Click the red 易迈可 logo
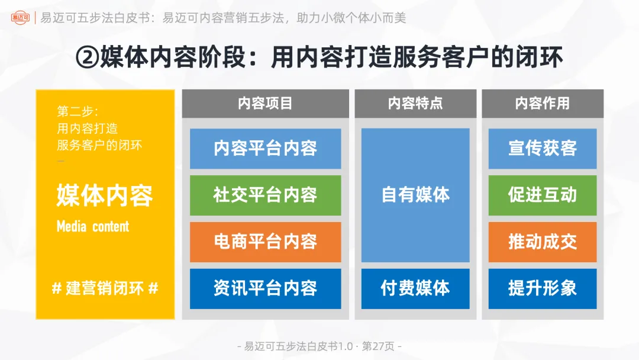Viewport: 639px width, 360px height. [21, 18]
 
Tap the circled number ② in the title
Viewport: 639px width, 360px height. [88, 58]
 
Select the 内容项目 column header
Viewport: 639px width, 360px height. [265, 104]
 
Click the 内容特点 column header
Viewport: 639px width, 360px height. [415, 104]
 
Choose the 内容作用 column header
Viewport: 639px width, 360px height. [543, 104]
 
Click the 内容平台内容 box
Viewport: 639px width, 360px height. [265, 149]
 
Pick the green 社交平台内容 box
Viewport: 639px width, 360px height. [265, 195]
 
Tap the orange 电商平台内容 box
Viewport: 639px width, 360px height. [265, 242]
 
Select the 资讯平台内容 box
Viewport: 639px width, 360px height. [265, 288]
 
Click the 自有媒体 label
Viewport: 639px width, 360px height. [415, 195]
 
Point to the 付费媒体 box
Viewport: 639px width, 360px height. [415, 288]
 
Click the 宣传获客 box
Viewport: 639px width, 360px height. [543, 149]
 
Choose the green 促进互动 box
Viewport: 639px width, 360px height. [543, 195]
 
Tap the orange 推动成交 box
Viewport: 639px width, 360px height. [543, 242]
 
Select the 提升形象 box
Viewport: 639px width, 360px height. [543, 288]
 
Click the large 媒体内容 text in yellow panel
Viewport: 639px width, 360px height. [105, 196]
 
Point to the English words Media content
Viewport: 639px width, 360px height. [93, 226]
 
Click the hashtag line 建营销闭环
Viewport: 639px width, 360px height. [105, 288]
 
